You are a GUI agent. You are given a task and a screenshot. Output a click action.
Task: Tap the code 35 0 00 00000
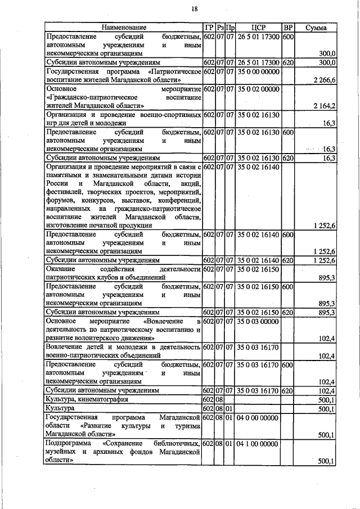tap(258, 72)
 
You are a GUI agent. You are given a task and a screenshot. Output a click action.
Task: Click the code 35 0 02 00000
tap(258, 89)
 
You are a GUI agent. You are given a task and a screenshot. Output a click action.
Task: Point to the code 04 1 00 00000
tap(258, 444)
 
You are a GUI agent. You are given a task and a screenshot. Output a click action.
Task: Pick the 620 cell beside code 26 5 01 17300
tap(287, 62)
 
